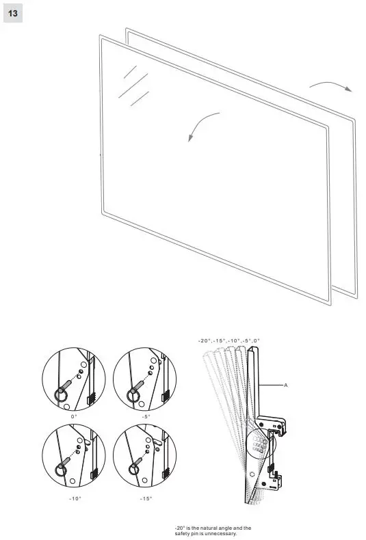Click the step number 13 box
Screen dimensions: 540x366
pyautogui.click(x=13, y=13)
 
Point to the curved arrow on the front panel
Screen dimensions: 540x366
pyautogui.click(x=201, y=124)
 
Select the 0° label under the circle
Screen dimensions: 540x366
pyautogui.click(x=74, y=416)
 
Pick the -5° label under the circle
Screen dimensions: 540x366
pyautogui.click(x=145, y=416)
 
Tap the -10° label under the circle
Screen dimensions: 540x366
pyautogui.click(x=75, y=499)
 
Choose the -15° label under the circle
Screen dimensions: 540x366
pyautogui.click(x=145, y=499)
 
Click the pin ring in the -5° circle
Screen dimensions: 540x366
pyautogui.click(x=133, y=395)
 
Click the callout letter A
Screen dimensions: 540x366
pyautogui.click(x=286, y=386)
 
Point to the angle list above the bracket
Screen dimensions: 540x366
pyautogui.click(x=229, y=340)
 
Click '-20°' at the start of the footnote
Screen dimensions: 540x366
pyautogui.click(x=181, y=528)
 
